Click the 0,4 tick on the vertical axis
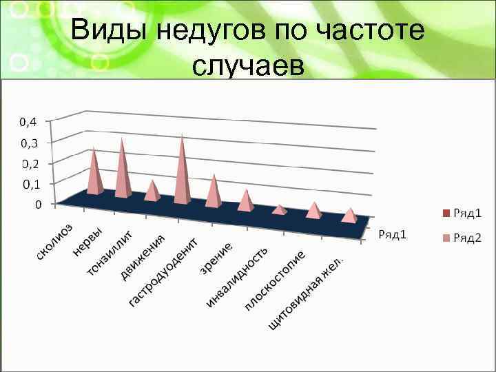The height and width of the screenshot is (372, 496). [x=28, y=121]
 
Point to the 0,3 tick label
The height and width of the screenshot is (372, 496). [x=28, y=143]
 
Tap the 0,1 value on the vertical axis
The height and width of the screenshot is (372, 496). [x=30, y=184]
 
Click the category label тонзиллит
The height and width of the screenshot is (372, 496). [x=110, y=254]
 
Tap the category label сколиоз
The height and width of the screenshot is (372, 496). [x=54, y=242]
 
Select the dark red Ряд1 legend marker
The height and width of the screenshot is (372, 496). [x=445, y=214]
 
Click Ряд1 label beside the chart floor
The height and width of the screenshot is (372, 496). [x=393, y=234]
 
